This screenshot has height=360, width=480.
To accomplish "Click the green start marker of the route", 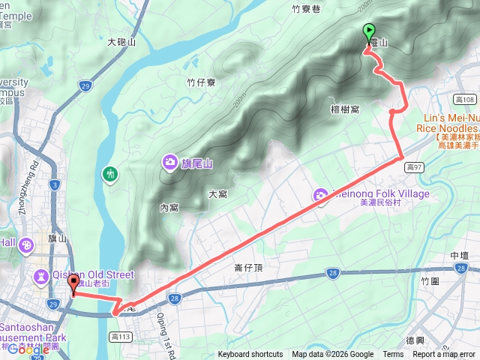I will tap(368, 31).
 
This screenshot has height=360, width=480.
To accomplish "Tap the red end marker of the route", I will tap(73, 283).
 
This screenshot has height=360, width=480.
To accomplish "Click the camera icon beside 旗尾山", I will tap(170, 161).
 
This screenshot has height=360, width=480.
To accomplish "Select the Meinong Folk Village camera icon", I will tap(321, 196).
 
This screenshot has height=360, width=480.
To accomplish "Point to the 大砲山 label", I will tap(121, 43).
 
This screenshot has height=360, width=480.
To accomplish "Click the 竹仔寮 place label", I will tap(201, 82).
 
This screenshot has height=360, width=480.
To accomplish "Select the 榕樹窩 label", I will tap(346, 109).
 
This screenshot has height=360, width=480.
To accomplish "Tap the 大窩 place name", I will tap(217, 194).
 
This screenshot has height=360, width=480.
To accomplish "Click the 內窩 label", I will tap(169, 208).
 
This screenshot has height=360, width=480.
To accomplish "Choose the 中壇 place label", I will tap(460, 256).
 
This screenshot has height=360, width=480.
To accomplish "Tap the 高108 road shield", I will tap(465, 99).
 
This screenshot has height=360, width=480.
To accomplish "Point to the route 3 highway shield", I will tap(55, 184).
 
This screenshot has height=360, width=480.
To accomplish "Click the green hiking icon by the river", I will tap(109, 175).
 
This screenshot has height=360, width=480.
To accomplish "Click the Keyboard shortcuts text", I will tap(250, 355).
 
